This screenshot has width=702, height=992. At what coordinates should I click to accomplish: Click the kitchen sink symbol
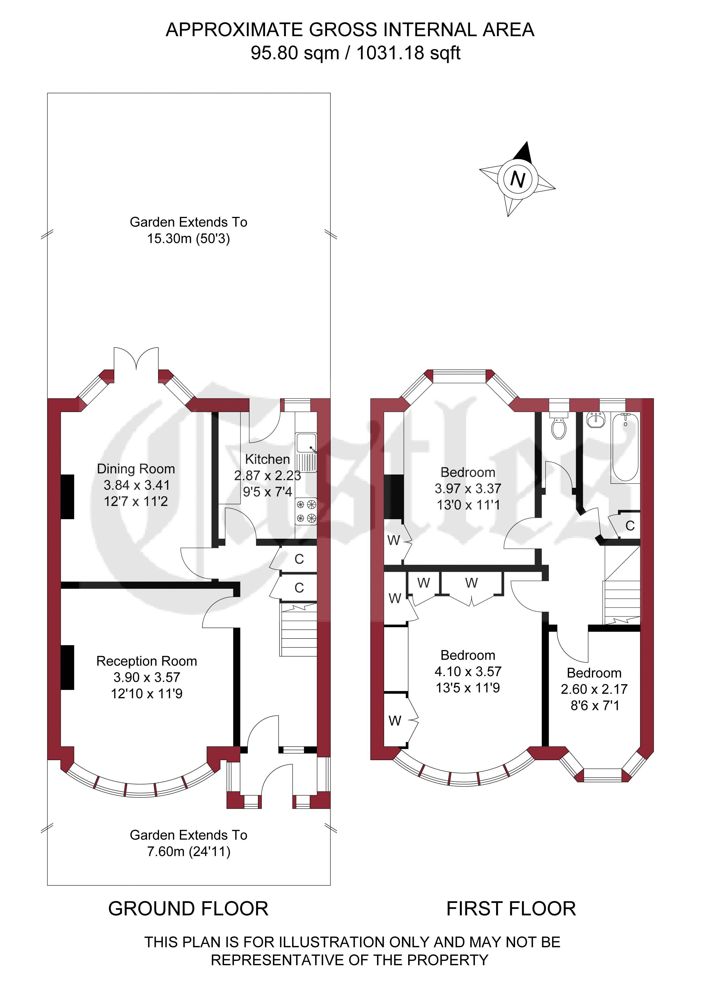307,452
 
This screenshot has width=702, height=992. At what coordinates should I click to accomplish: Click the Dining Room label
136,469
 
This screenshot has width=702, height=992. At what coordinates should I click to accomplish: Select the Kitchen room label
267,459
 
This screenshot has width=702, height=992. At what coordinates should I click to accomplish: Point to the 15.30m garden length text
188,238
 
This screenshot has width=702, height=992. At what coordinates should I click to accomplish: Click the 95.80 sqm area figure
295,53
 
